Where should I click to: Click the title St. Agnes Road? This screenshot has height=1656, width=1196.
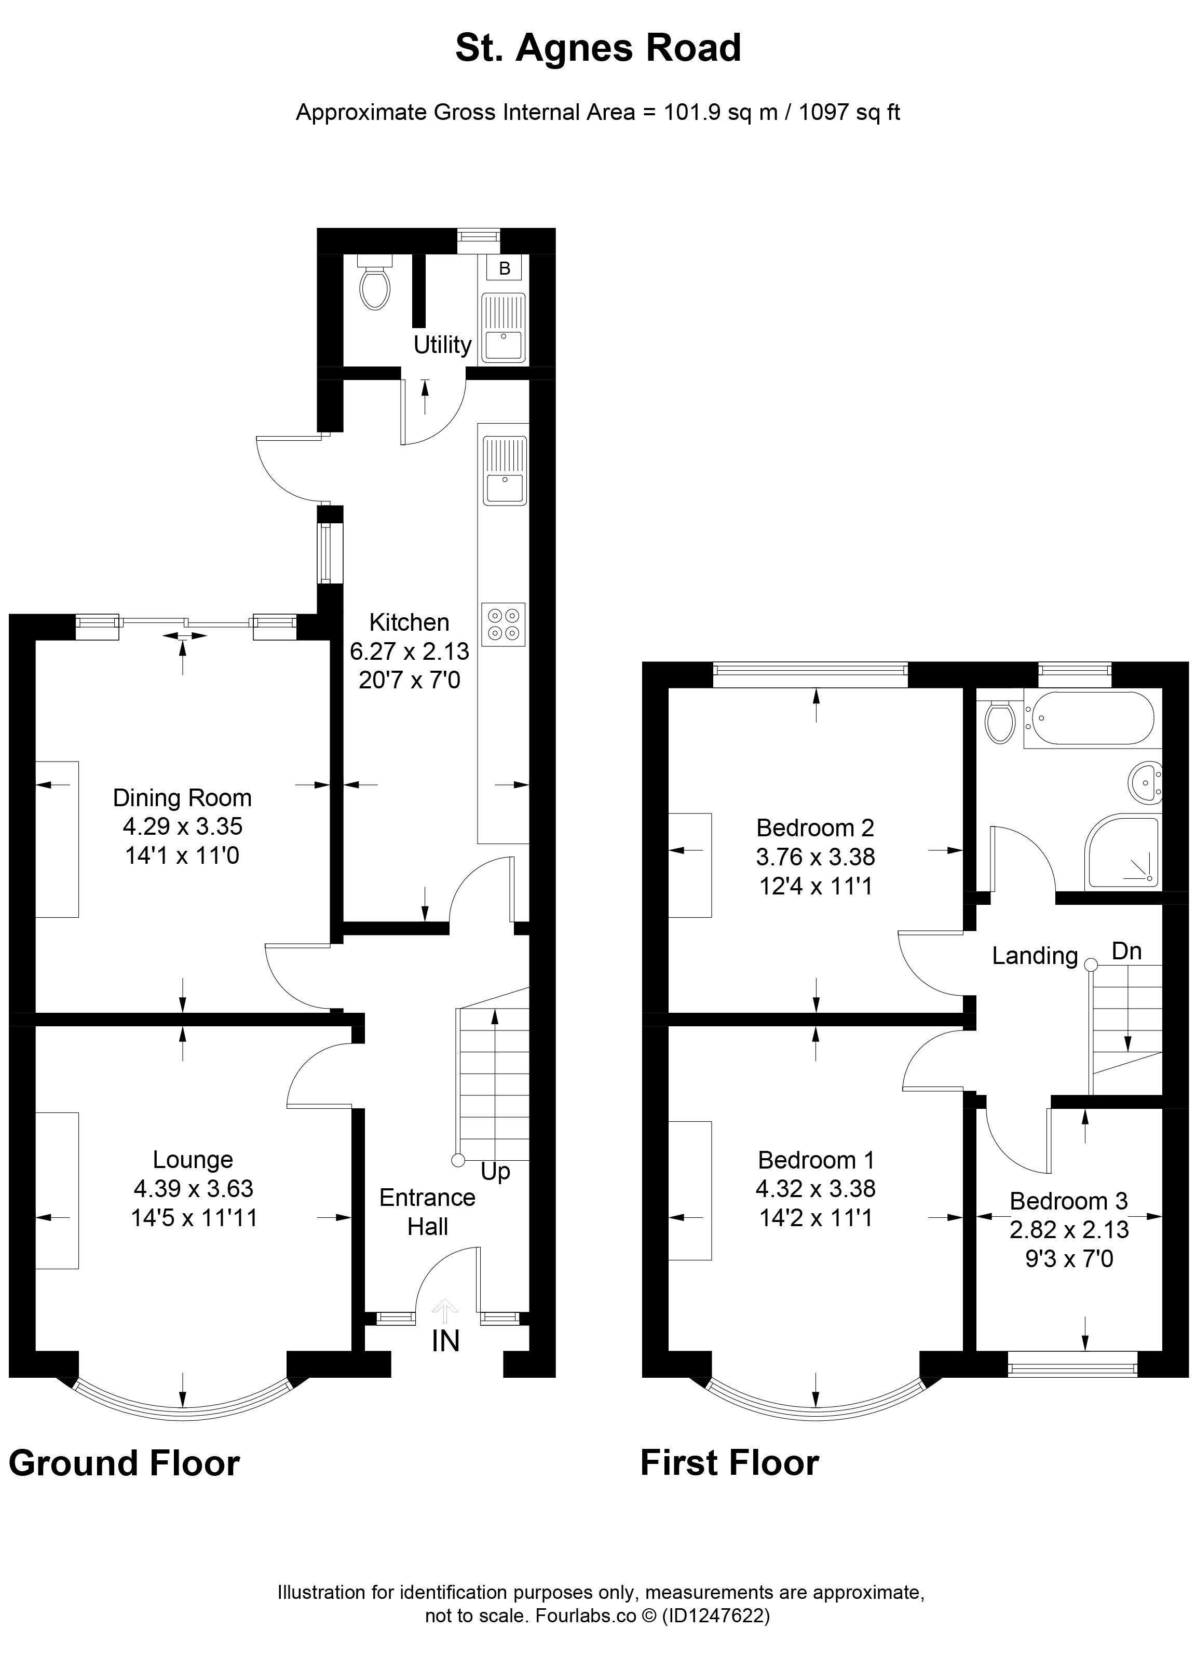[598, 48]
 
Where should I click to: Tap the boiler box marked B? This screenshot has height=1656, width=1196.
[504, 268]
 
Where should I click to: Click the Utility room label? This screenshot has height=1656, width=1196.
[442, 345]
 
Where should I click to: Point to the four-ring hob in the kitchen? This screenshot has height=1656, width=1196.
[503, 625]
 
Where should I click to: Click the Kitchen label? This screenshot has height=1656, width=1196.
[409, 622]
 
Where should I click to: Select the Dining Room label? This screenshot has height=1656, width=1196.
[182, 797]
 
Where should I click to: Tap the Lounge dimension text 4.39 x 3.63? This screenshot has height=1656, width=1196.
[194, 1188]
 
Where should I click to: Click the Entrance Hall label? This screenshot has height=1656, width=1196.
[427, 1212]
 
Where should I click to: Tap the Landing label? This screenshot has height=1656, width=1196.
[1035, 956]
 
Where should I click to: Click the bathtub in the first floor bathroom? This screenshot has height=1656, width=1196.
[1089, 718]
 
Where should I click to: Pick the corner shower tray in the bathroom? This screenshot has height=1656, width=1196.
[1122, 852]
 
